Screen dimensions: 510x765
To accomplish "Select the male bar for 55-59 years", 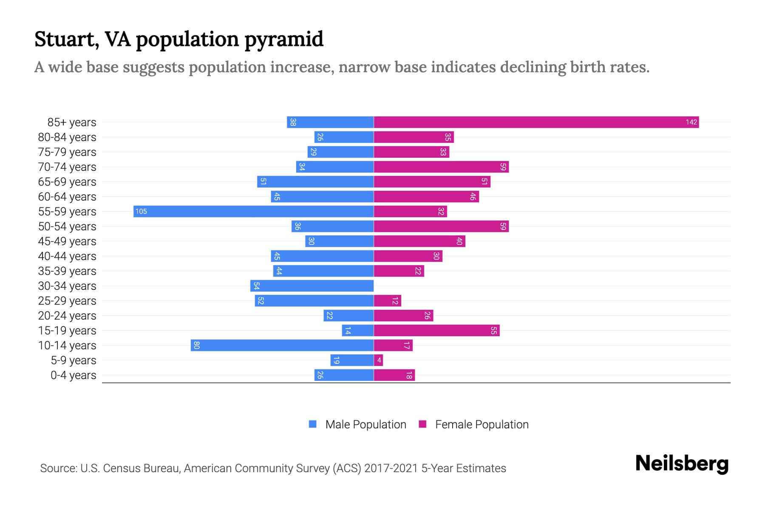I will point(254,212).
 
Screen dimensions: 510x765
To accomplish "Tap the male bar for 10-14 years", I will point(282,346).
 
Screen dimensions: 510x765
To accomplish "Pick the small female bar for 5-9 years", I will point(378,360).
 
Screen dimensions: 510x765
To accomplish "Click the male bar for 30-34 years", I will point(312,286).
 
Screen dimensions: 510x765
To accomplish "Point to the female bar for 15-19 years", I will point(437,331).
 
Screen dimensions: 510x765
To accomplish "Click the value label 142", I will point(691,122).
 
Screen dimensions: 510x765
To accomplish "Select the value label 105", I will point(141,212).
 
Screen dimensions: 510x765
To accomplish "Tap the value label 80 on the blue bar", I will point(196,346).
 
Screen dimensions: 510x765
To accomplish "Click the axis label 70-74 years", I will point(67,167).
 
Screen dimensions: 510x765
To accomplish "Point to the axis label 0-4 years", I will point(73,375).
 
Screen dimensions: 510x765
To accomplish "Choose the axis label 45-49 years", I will point(67,241).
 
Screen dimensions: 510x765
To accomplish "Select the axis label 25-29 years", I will point(67,301).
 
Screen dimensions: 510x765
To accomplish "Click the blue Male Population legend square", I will point(313,424).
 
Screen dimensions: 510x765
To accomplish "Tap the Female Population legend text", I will point(482,425).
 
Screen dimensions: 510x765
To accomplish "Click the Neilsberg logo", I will point(682,464).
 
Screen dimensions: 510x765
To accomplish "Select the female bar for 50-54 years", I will point(441,227).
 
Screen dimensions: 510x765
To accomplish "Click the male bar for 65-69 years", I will point(315,182).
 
